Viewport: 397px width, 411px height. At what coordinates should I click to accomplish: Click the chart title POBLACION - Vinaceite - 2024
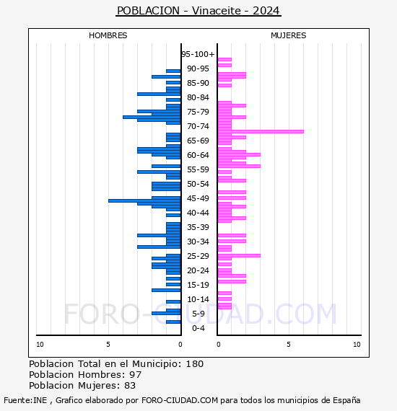198,11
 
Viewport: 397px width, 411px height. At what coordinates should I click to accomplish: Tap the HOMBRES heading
108,35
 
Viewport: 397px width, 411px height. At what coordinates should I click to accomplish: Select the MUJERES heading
289,35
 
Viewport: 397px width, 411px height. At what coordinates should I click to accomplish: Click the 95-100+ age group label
198,54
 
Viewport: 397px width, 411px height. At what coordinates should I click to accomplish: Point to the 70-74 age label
198,126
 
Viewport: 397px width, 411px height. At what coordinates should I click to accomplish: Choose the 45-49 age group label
198,198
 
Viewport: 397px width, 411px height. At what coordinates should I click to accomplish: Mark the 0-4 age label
198,328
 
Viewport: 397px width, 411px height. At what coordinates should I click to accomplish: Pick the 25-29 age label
198,256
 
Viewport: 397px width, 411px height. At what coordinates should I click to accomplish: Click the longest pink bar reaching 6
261,131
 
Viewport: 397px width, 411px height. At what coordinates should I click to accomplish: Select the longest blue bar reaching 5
144,200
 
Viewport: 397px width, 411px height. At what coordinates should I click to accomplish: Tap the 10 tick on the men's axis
40,345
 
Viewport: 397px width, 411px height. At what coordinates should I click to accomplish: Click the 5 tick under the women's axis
289,345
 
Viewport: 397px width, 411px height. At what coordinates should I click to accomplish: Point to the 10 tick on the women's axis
357,345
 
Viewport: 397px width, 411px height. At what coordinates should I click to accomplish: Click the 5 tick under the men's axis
108,345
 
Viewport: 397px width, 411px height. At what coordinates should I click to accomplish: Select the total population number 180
194,364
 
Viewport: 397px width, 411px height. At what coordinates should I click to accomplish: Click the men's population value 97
136,375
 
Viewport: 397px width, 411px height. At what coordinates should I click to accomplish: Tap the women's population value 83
130,386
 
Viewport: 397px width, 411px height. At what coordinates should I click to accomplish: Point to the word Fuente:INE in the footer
25,400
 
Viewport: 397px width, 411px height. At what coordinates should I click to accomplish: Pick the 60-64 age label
198,155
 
